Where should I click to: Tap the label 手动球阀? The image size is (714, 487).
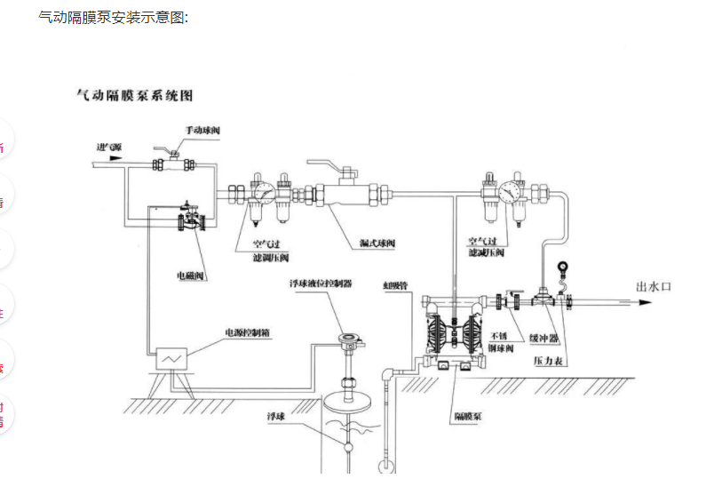point(202,131)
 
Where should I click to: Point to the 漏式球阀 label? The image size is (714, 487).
point(377,243)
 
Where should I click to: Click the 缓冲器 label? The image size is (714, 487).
point(543,338)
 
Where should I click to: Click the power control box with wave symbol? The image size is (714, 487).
point(171,357)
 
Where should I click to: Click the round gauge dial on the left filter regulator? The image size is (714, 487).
point(262,191)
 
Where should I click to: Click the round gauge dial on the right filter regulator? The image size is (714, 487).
point(510,191)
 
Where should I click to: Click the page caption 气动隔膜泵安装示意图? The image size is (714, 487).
point(113,17)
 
